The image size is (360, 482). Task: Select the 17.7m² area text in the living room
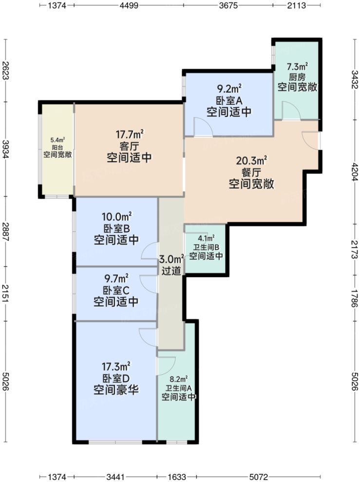(x=129, y=134)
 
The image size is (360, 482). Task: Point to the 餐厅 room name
(x=251, y=172)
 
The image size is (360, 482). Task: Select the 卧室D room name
(x=116, y=378)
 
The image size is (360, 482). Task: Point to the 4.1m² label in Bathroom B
(x=206, y=239)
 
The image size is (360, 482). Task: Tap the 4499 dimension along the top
(x=128, y=5)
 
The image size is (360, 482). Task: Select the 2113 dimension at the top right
(x=296, y=5)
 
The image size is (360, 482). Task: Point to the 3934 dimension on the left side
(x=5, y=149)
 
